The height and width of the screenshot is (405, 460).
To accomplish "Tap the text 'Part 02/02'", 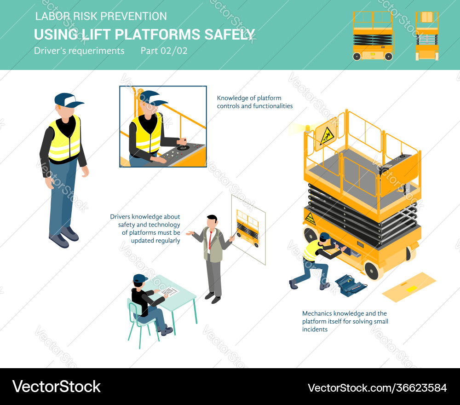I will pyautogui.click(x=164, y=51).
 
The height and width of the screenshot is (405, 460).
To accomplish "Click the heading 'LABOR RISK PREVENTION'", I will pyautogui.click(x=101, y=17).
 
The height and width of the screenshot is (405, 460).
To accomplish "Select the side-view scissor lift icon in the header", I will pyautogui.click(x=373, y=36).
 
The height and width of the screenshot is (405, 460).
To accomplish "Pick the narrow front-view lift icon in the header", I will pyautogui.click(x=427, y=36).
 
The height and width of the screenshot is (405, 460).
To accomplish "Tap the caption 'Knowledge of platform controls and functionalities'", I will pyautogui.click(x=254, y=102).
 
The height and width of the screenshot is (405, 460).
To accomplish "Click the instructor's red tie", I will pyautogui.click(x=210, y=239).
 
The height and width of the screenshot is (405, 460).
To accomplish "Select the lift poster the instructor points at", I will pyautogui.click(x=248, y=229).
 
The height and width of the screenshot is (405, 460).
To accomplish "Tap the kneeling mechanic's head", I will pyautogui.click(x=325, y=237).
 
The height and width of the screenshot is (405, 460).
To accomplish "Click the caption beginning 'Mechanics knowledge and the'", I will pyautogui.click(x=345, y=321).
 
